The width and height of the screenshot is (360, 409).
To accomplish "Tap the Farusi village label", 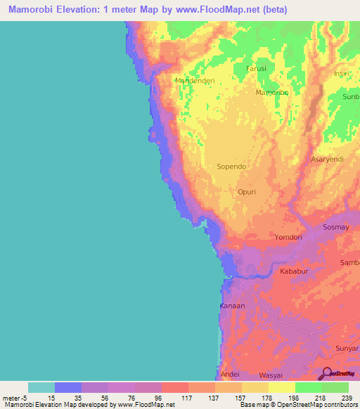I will [x=257, y=68].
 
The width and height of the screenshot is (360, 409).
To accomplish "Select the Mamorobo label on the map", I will [x=272, y=92].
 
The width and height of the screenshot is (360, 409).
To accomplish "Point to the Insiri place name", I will [x=342, y=74].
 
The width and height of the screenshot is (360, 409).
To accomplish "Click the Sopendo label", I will [x=232, y=167].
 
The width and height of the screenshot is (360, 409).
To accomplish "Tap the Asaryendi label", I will [x=327, y=160].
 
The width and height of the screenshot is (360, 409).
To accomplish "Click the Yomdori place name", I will [x=290, y=238].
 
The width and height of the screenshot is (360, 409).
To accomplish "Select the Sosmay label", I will [x=335, y=228].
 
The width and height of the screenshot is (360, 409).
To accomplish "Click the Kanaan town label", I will [x=232, y=306].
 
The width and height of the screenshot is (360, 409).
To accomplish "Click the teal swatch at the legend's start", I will [x=41, y=387].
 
